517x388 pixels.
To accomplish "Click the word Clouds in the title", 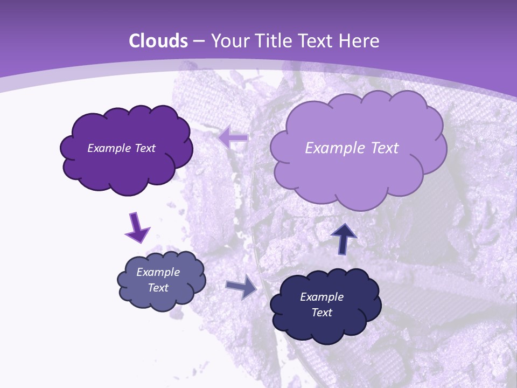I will (158, 41).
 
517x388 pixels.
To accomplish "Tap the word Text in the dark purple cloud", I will (145, 148).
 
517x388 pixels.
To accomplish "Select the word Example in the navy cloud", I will (322, 297).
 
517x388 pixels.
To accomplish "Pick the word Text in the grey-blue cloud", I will (158, 288).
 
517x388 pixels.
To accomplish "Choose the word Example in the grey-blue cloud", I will (158, 272).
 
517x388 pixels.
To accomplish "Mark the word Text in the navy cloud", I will (322, 313).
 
